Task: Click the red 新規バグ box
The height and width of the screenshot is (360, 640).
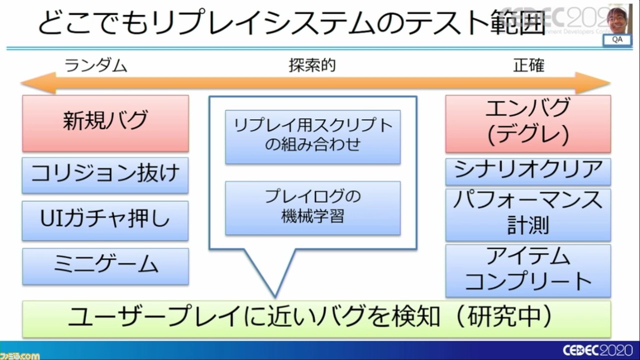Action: (x=105, y=123)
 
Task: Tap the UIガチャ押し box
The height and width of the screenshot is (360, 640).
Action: (x=105, y=220)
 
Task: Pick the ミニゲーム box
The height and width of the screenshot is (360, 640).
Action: (x=105, y=266)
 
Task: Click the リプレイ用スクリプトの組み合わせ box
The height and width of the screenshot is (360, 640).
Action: (x=312, y=136)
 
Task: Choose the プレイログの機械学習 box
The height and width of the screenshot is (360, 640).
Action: (x=312, y=207)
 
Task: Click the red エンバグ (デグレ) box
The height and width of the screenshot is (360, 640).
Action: (x=528, y=123)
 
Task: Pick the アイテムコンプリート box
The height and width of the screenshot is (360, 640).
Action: (x=528, y=270)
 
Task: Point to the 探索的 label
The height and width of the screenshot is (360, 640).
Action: (x=312, y=65)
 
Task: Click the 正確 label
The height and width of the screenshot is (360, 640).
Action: (x=528, y=65)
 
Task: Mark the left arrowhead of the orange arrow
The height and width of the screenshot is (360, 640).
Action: (x=35, y=83)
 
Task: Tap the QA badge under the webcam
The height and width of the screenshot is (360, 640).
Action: (x=617, y=40)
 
